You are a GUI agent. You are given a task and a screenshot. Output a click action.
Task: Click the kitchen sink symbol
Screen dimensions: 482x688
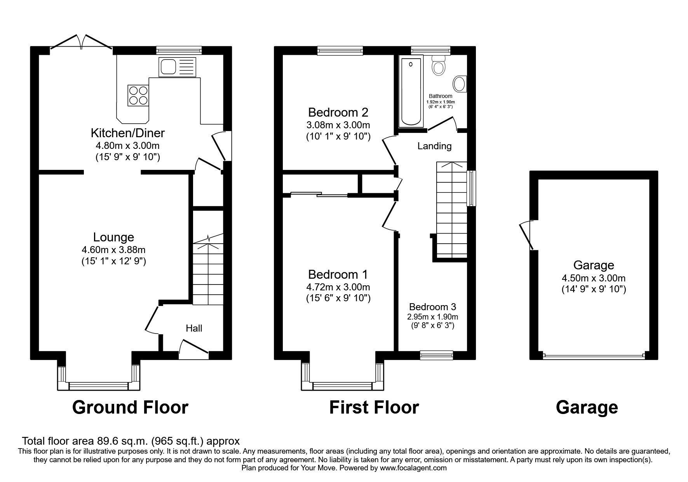pos(177,67)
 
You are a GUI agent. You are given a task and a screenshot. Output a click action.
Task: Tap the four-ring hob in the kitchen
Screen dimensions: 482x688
pos(138,95)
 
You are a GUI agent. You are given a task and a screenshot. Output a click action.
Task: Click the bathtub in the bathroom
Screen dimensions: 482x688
pos(411,92)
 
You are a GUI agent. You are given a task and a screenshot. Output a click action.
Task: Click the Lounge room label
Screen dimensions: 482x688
pos(113,237)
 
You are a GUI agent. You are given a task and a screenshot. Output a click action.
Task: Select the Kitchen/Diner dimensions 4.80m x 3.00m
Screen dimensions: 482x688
pos(128,146)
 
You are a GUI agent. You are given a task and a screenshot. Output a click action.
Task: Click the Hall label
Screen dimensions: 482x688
pos(194,328)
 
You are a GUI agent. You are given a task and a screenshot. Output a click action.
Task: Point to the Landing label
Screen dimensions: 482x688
pos(434,146)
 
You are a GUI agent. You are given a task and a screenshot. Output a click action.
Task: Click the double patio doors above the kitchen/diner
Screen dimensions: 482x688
pos(81,43)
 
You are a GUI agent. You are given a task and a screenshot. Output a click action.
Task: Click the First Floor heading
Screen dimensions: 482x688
pos(374,407)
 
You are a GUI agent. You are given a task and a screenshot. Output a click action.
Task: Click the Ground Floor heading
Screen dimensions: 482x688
pos(130,407)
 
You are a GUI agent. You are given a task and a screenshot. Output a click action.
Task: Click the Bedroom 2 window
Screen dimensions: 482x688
pos(340,50)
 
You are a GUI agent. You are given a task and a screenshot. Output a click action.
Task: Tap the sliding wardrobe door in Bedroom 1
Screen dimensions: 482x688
pos(319,194)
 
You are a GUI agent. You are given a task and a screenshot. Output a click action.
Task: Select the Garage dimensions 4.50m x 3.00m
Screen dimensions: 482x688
pos(593,278)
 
